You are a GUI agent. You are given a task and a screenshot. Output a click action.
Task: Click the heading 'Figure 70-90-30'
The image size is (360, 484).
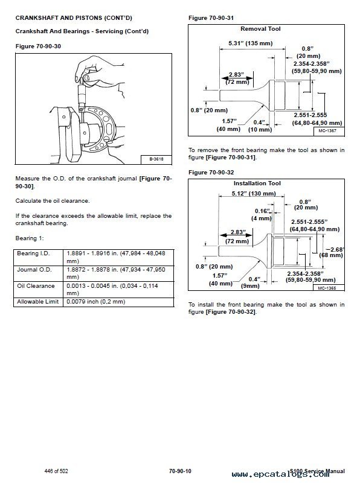[x=38, y=46]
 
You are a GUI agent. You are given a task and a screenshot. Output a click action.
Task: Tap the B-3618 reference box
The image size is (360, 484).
[x=156, y=159]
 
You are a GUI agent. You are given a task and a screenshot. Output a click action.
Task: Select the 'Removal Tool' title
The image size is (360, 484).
[x=260, y=29]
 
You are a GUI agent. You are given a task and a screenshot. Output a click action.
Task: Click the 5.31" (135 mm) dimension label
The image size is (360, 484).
[x=251, y=43]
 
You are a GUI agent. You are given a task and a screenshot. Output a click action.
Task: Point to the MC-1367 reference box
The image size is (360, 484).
[x=327, y=131]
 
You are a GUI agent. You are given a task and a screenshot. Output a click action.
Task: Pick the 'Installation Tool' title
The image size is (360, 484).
[x=257, y=183]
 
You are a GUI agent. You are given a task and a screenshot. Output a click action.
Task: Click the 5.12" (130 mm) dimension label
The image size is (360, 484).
[x=254, y=194]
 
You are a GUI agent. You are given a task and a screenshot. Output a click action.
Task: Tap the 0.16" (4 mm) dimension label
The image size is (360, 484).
[x=262, y=214]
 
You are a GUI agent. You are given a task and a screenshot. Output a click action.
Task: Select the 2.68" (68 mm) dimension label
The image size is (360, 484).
[x=332, y=252]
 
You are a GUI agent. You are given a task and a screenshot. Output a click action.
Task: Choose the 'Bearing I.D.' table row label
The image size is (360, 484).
[x=33, y=253]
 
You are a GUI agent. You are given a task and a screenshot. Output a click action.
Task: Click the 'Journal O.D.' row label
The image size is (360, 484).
[x=34, y=270]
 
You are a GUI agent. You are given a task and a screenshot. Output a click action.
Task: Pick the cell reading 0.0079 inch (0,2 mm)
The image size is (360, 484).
[x=96, y=302]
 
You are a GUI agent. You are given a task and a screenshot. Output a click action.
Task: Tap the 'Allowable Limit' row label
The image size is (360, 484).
[x=37, y=302]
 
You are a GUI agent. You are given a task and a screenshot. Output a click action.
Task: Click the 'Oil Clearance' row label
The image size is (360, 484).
[x=36, y=286]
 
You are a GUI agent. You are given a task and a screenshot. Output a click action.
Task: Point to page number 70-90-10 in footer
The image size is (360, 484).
[x=180, y=471]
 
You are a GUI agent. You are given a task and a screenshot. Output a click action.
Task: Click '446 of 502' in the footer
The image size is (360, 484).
[x=56, y=471]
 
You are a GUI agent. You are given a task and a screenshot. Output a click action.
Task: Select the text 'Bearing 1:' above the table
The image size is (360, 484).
[x=30, y=238]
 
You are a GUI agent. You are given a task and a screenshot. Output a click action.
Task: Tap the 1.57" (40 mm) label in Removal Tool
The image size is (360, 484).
[x=228, y=125]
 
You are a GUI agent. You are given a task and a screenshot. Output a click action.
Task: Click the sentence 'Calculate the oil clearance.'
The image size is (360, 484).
[x=53, y=201]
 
